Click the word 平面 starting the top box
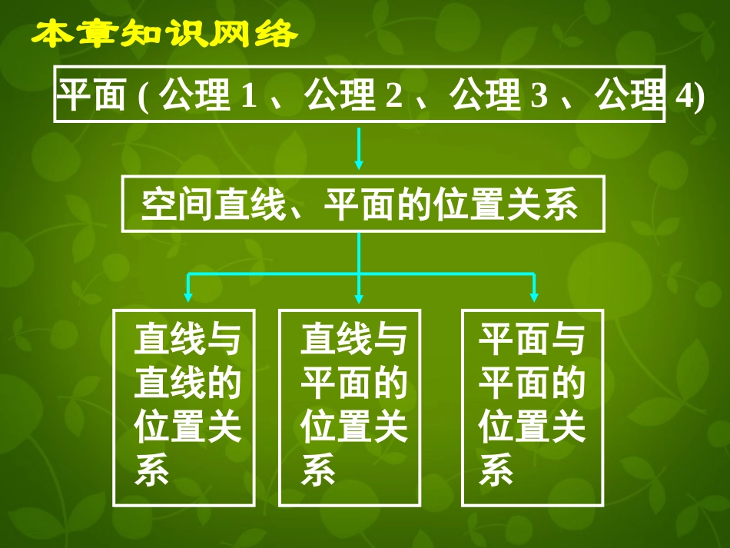click(x=91, y=98)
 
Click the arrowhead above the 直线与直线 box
click(x=187, y=295)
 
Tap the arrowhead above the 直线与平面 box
click(x=359, y=295)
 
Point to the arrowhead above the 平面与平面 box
click(x=534, y=295)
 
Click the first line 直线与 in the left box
click(x=187, y=339)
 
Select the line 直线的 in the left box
click(x=187, y=383)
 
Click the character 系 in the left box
click(x=151, y=470)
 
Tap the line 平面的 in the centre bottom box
click(x=353, y=383)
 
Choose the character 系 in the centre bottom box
click(x=318, y=470)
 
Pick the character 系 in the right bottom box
click(x=496, y=470)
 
